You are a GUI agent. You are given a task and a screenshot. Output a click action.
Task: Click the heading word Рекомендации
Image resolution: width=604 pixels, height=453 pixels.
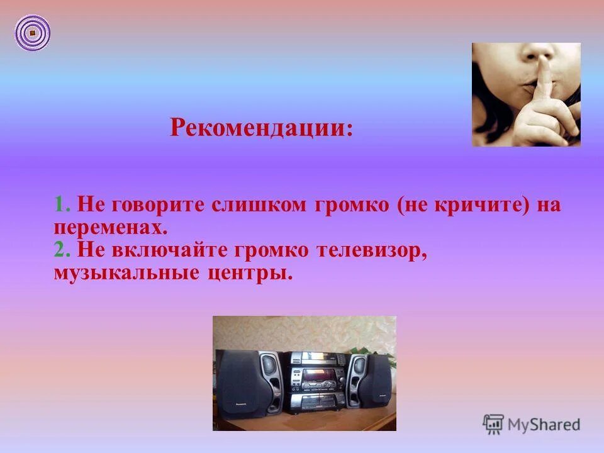click(257, 128)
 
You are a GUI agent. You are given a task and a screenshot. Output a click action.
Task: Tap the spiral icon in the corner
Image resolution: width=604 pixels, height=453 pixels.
click(32, 32)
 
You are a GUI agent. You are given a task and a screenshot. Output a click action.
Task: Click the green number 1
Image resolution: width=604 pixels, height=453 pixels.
click(60, 206)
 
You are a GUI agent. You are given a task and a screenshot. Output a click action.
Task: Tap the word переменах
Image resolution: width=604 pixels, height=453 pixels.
click(111, 227)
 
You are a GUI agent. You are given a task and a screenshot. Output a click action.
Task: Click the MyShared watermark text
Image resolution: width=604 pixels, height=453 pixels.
click(545, 425)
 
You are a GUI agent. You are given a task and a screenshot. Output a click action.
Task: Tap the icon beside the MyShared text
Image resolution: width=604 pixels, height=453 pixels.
click(493, 424)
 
